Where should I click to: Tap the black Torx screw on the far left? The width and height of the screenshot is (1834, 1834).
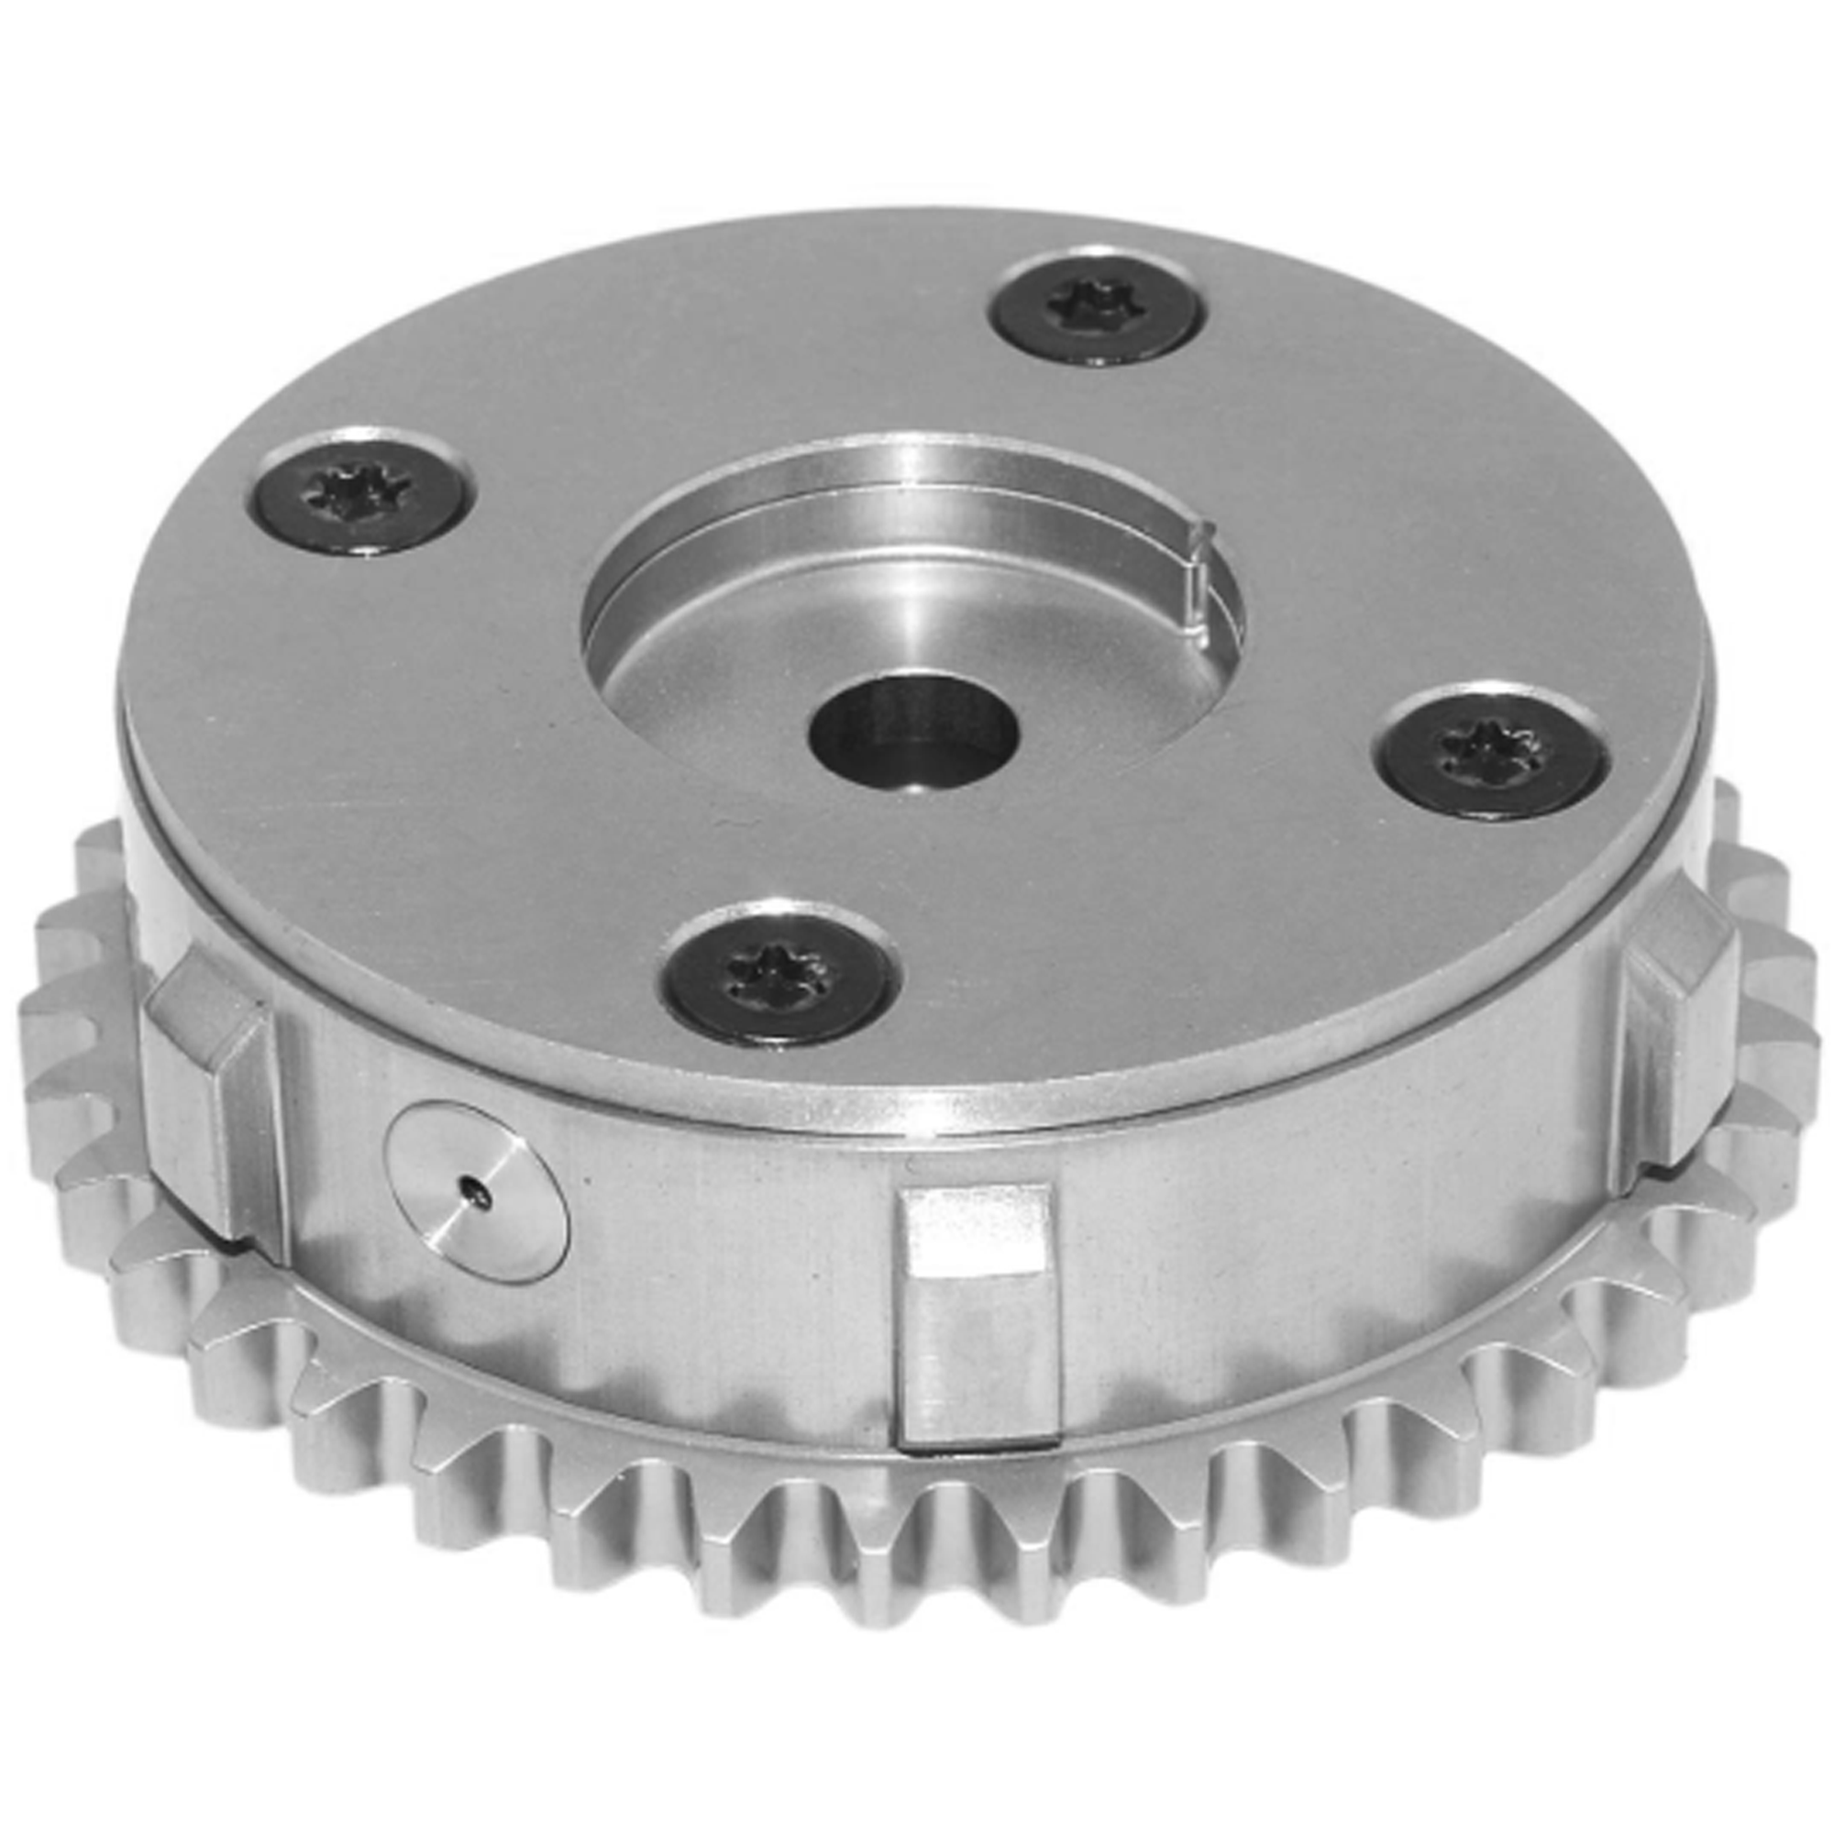[x=363, y=496]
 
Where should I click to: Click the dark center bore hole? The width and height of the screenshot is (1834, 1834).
[x=913, y=731]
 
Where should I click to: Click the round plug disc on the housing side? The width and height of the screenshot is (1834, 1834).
[x=477, y=1192]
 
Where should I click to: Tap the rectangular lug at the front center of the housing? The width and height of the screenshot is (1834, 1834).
[x=978, y=1329]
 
